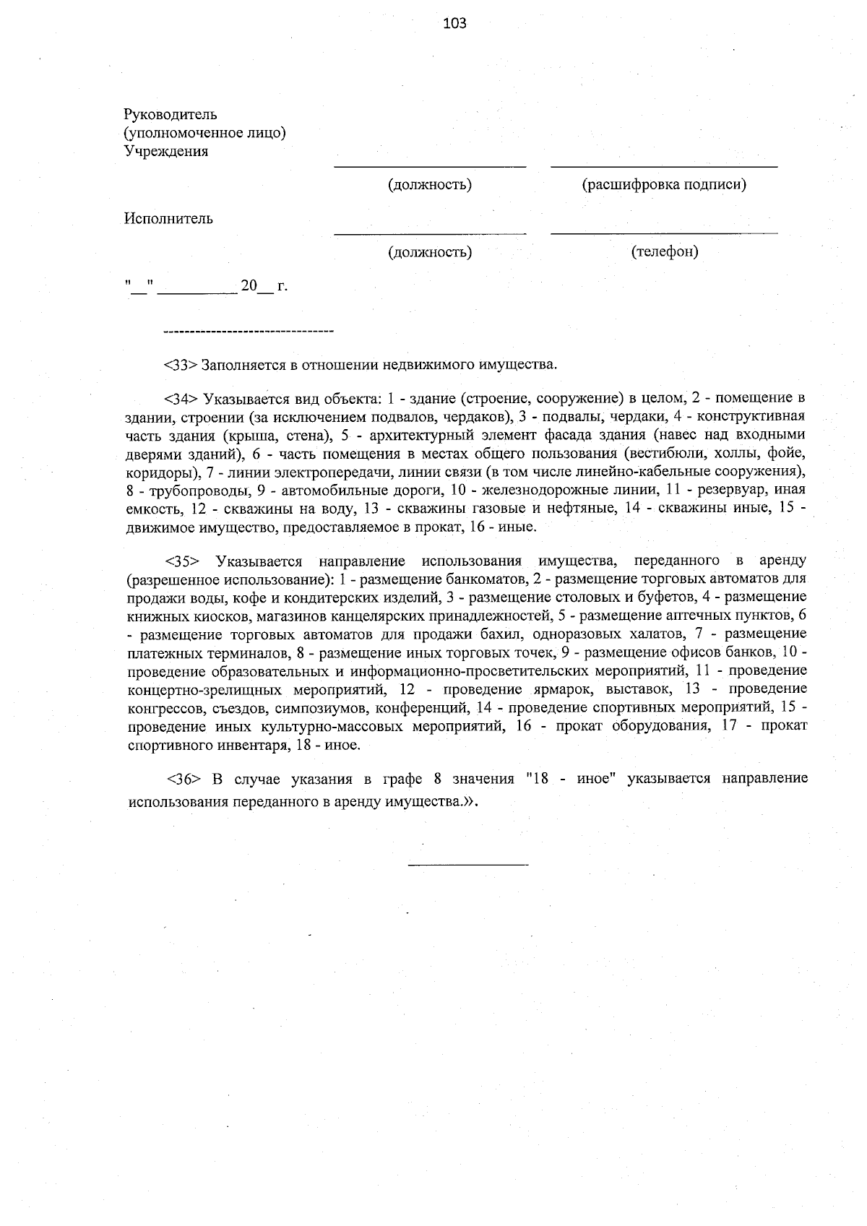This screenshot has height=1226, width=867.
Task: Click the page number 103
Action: [x=454, y=23]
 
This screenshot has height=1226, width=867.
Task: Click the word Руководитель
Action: [x=170, y=114]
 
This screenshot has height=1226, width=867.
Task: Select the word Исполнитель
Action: [x=168, y=218]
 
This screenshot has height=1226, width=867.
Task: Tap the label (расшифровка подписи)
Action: [x=664, y=184]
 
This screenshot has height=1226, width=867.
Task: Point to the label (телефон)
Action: [x=664, y=251]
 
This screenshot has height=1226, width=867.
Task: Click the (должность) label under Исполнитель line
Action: [x=430, y=251]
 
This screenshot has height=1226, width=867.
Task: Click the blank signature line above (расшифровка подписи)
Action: [x=664, y=167]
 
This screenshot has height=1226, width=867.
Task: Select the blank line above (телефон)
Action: [x=664, y=233]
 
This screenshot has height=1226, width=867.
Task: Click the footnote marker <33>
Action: [x=180, y=363]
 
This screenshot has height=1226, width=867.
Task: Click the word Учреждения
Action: [x=166, y=151]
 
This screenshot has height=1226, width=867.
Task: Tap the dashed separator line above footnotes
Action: [x=249, y=332]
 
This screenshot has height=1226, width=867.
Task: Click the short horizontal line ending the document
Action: [x=468, y=864]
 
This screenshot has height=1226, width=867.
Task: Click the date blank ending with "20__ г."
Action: [x=206, y=286]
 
